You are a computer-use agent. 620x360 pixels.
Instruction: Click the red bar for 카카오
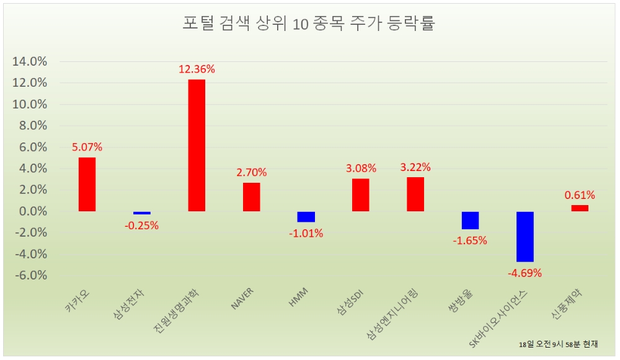tap(87, 184)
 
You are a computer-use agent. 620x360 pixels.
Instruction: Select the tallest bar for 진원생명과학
tap(197, 146)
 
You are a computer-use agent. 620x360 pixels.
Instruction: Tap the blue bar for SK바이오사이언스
tap(525, 237)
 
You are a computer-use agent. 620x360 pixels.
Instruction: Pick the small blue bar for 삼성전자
tap(142, 213)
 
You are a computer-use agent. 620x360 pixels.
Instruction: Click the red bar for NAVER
tap(251, 197)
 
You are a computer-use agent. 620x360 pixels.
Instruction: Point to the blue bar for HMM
tap(306, 217)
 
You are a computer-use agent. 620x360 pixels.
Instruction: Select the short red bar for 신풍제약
tap(580, 208)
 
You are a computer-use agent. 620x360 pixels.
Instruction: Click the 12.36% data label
tap(197, 69)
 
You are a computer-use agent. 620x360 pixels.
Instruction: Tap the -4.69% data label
tap(525, 273)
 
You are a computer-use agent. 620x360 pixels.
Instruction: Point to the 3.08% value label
tap(361, 167)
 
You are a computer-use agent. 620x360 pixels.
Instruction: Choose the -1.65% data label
tap(470, 240)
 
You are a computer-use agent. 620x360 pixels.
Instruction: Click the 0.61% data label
tap(580, 195)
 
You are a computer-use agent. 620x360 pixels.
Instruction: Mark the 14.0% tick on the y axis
tap(30, 61)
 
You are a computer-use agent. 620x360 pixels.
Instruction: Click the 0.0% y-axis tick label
tap(33, 211)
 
